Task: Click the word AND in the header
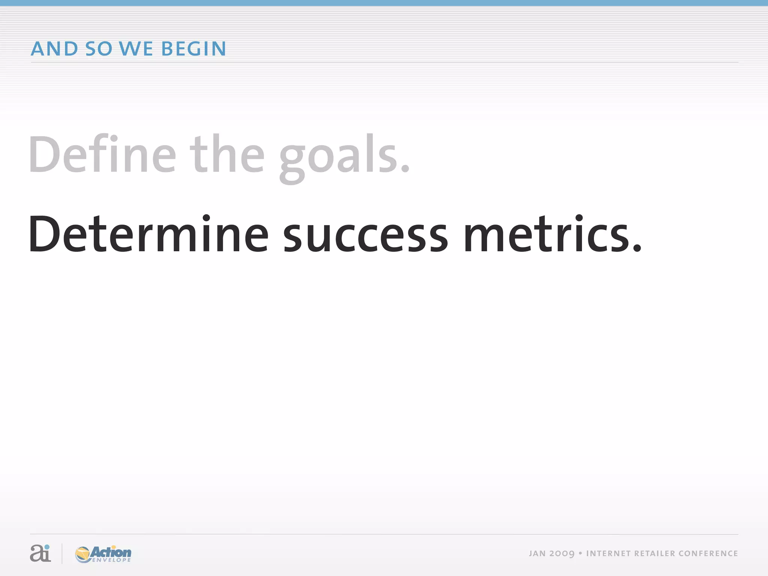point(54,49)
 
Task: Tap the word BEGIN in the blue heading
point(193,49)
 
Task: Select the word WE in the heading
point(136,49)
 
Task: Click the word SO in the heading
point(99,49)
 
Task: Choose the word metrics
point(547,235)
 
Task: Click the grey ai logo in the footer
point(40,553)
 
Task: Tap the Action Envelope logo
point(103,554)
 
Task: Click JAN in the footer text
point(537,554)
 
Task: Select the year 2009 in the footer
point(562,554)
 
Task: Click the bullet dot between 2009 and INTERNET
point(580,553)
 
